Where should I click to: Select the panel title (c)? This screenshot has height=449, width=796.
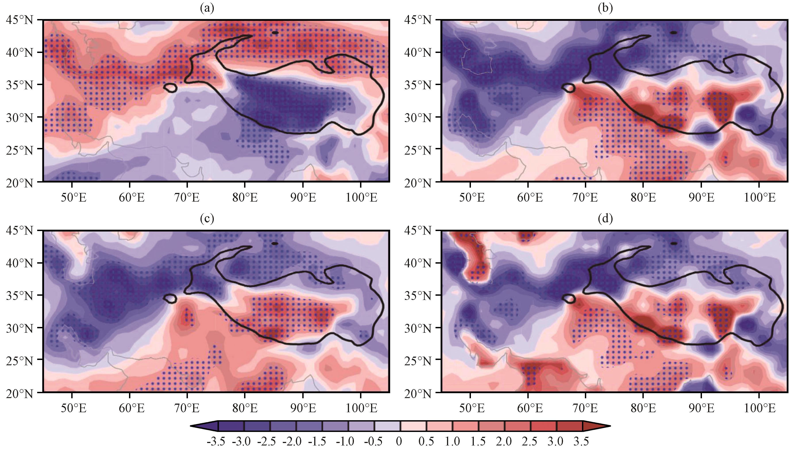(x=207, y=219)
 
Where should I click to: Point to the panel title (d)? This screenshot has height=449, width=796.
(x=605, y=219)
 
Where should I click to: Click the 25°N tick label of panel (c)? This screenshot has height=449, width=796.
(x=19, y=360)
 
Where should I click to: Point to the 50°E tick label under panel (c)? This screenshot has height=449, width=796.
(x=72, y=408)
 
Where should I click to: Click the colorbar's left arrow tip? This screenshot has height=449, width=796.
(x=191, y=426)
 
